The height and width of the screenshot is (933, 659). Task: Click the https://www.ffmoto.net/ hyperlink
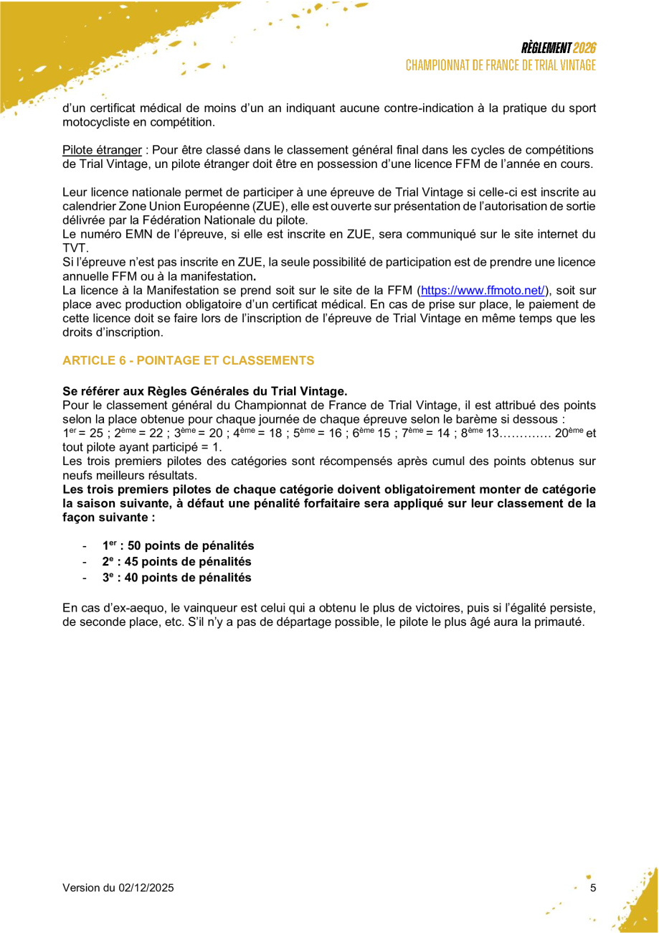coord(483,291)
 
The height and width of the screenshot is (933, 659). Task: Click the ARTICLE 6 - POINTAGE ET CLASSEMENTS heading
coord(188,360)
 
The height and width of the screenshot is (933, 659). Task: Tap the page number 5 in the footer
coord(592,888)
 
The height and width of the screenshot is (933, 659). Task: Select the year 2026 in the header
coord(584,49)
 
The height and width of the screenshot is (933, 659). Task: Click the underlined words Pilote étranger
coord(102,150)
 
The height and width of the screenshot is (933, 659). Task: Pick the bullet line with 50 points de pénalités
coord(178,546)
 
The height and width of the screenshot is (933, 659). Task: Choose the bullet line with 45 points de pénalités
coord(176,562)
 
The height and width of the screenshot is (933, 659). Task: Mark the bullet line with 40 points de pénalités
coord(176,578)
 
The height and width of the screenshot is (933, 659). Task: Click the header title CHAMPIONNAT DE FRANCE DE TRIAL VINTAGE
coord(501,65)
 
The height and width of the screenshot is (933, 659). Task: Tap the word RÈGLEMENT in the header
coord(546,49)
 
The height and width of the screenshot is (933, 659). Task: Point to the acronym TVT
coord(74,248)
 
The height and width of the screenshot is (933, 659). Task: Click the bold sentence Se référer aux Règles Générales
coord(204,391)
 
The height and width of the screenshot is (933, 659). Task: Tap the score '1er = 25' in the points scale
coord(83,433)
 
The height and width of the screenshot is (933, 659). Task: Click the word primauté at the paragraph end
coord(559,622)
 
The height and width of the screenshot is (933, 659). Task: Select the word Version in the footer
coord(81,888)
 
